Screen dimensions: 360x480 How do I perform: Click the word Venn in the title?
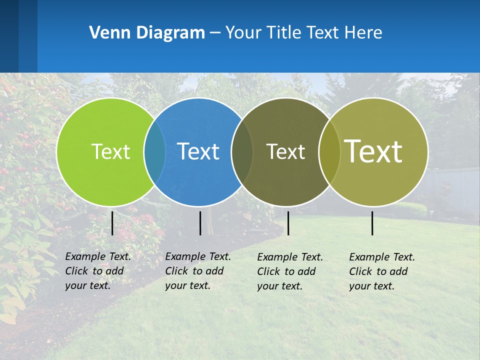tap(107, 32)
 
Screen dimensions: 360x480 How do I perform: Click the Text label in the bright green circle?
tap(110, 151)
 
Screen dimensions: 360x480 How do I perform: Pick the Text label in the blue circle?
tap(198, 151)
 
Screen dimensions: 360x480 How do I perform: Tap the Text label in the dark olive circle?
tap(285, 151)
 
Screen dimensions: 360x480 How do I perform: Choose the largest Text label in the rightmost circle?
tap(373, 151)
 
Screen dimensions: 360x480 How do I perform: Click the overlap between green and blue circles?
tap(154, 151)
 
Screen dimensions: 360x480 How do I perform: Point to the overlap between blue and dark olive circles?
tap(242, 151)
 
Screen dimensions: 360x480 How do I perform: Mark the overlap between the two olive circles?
tap(329, 151)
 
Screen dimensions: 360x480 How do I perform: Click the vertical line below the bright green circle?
tap(112, 223)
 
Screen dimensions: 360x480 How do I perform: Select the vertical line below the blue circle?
tap(200, 223)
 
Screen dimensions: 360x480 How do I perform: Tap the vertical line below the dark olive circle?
tap(288, 223)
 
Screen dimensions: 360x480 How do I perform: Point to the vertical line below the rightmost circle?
tap(372, 223)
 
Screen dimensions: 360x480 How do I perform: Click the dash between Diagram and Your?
tap(215, 33)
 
